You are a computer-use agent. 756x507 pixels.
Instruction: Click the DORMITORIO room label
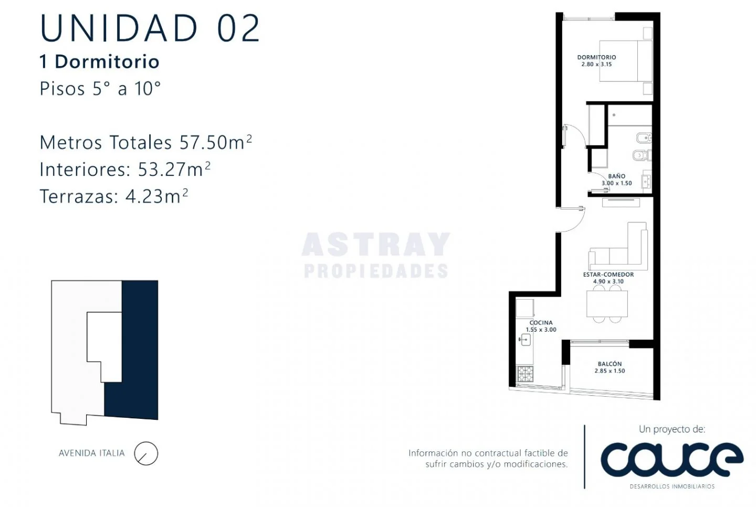tap(596, 57)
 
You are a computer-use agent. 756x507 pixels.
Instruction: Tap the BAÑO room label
tap(616, 176)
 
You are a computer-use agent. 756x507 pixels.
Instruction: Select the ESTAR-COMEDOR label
tap(608, 274)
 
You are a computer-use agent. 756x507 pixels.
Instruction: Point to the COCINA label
tap(541, 323)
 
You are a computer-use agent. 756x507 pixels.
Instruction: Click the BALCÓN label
tap(610, 364)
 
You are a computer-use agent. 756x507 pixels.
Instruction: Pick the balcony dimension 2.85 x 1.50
tap(610, 371)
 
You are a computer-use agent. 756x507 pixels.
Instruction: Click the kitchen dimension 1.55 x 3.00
tap(541, 330)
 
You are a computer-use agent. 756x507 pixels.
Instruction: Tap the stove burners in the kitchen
tap(525, 374)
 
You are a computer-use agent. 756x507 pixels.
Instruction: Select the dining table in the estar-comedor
tap(607, 303)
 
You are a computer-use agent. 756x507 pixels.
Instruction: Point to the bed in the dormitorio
tap(625, 61)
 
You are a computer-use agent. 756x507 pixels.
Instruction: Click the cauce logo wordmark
tap(671, 460)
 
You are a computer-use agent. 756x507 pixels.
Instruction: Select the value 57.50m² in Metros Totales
tap(216, 142)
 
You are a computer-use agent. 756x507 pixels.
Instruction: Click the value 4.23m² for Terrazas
tap(156, 196)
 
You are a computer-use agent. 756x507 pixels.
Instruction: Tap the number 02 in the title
tap(238, 28)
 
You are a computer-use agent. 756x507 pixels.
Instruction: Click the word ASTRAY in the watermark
tap(376, 244)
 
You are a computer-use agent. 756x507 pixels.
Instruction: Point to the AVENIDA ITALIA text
tap(92, 453)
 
